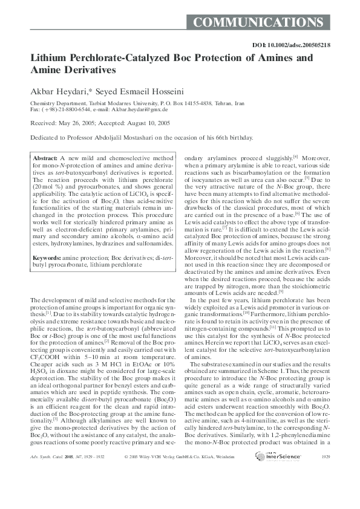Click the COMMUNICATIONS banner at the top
pyautogui.click(x=258, y=23)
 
